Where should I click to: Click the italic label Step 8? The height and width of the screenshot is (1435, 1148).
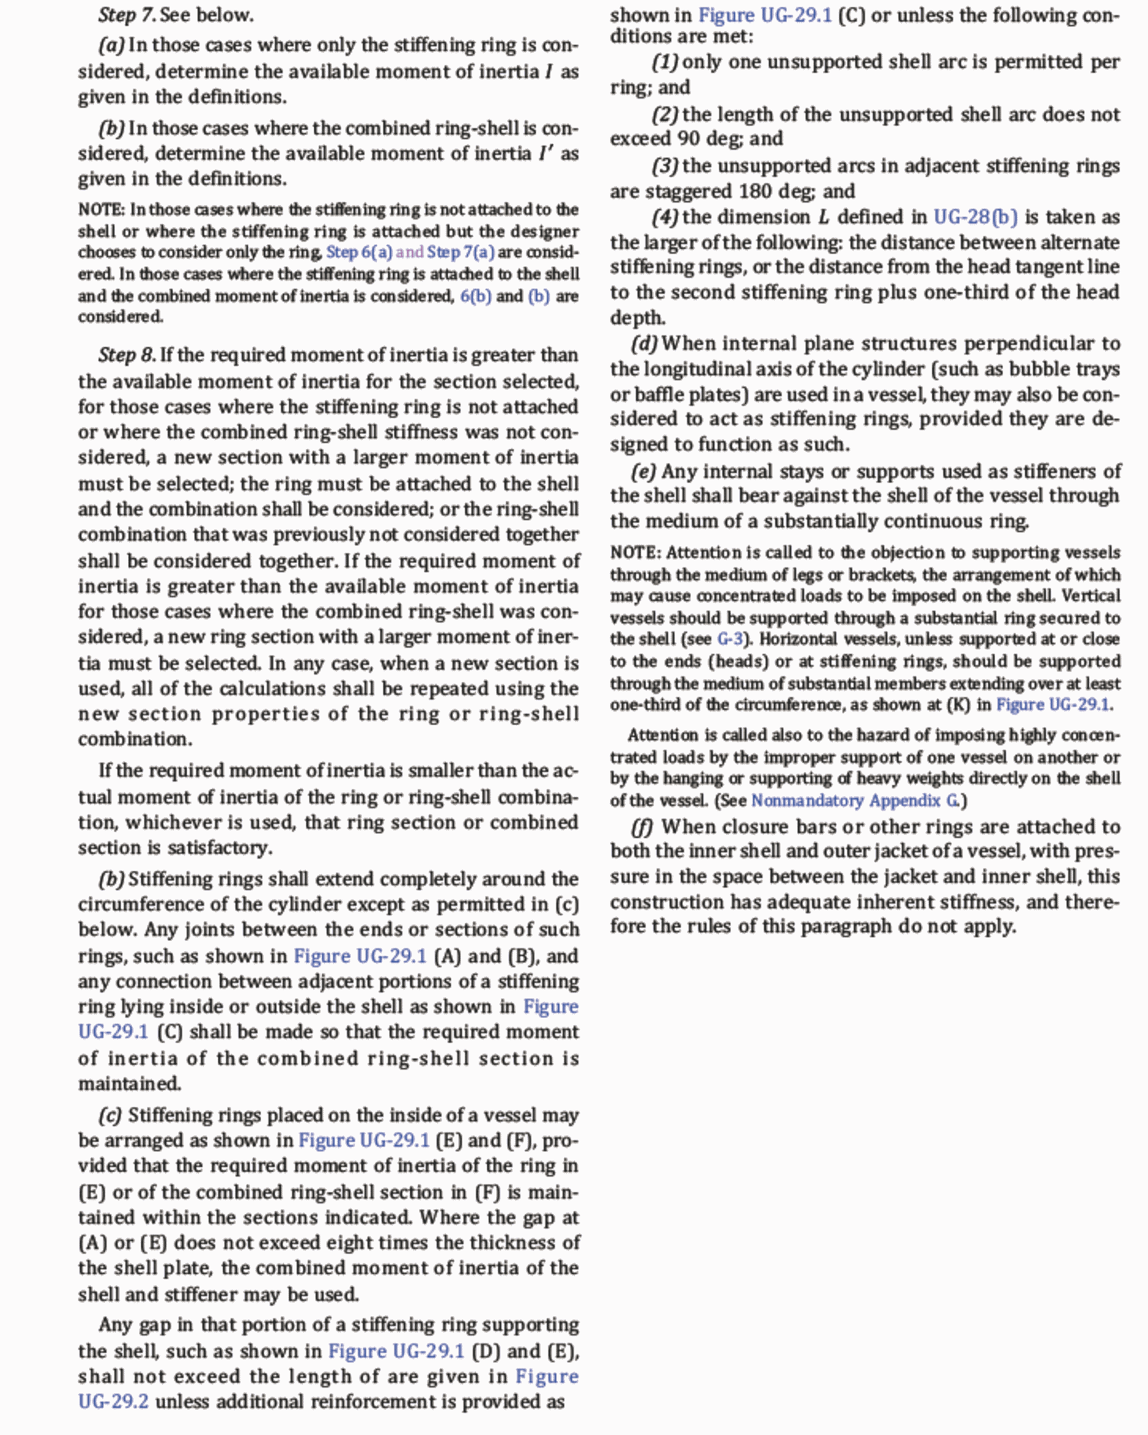[127, 355]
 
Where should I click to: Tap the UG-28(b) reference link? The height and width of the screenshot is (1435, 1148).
[975, 217]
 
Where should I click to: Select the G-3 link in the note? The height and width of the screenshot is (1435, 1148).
[730, 639]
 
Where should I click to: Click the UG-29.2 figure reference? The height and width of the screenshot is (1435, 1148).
[113, 1402]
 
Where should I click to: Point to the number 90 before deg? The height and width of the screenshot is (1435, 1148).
[688, 139]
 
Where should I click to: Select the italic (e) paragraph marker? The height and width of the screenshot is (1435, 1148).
[643, 472]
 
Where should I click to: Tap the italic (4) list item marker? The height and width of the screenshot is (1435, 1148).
[665, 217]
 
